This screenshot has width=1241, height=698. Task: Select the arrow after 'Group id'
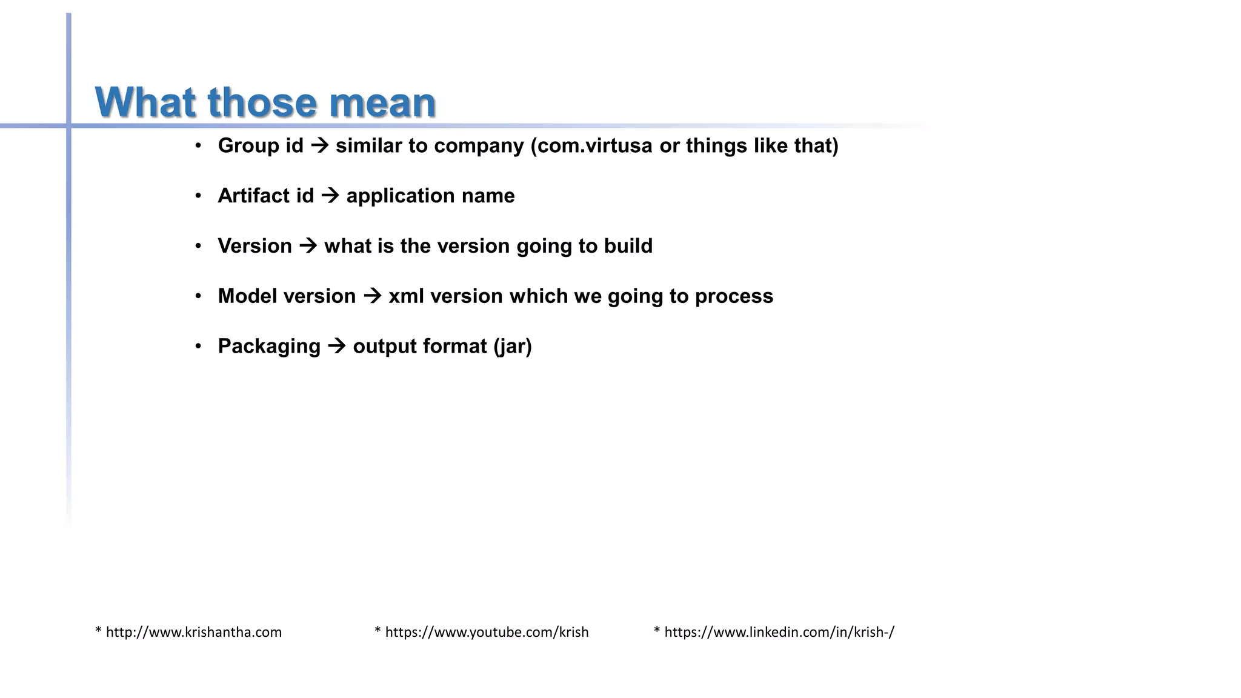[x=319, y=145]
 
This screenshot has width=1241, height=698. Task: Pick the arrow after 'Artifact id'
[x=330, y=196]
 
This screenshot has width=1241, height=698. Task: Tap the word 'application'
[x=400, y=196]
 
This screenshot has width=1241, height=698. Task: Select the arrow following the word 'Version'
[x=308, y=246]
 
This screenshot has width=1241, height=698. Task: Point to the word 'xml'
[x=406, y=296]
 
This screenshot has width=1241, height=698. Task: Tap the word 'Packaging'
[x=269, y=347]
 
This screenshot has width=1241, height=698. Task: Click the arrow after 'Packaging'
[x=337, y=347]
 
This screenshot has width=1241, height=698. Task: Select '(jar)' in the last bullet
[x=513, y=347]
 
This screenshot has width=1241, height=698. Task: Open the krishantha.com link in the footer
[x=193, y=632]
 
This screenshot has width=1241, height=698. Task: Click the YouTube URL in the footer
[x=487, y=632]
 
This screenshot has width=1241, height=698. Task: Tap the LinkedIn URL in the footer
[x=779, y=632]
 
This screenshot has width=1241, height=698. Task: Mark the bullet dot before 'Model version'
[x=198, y=296]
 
